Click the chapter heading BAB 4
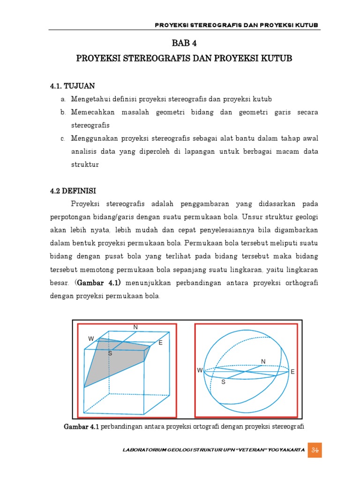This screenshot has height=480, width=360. click(184, 44)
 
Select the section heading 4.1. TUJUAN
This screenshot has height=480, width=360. click(72, 86)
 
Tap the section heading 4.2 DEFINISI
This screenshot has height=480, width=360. click(73, 191)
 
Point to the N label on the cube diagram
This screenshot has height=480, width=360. click(135, 326)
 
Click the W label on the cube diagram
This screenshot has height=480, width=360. click(91, 338)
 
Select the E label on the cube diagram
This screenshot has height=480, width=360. click(160, 343)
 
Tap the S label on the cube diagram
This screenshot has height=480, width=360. click(110, 353)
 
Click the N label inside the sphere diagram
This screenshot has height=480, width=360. click(263, 361)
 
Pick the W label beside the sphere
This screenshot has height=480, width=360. click(200, 370)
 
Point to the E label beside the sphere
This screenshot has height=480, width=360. click(292, 372)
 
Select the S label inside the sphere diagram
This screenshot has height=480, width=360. click(223, 382)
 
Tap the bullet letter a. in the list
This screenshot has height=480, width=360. click(62, 99)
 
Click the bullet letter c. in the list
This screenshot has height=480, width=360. click(62, 139)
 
